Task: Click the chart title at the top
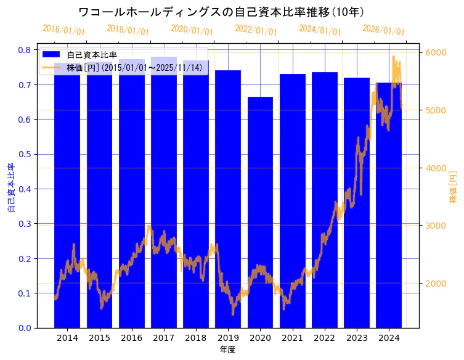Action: tap(221, 12)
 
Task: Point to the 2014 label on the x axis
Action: tap(67, 338)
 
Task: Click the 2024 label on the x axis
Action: tap(389, 338)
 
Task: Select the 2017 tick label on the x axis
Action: tap(164, 338)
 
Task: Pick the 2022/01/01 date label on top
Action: tap(256, 30)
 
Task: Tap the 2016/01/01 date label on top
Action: tap(63, 30)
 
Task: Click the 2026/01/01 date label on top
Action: tap(383, 30)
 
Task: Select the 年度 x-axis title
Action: tap(228, 350)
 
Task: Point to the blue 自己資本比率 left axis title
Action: tap(10, 187)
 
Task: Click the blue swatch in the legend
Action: tap(51, 54)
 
